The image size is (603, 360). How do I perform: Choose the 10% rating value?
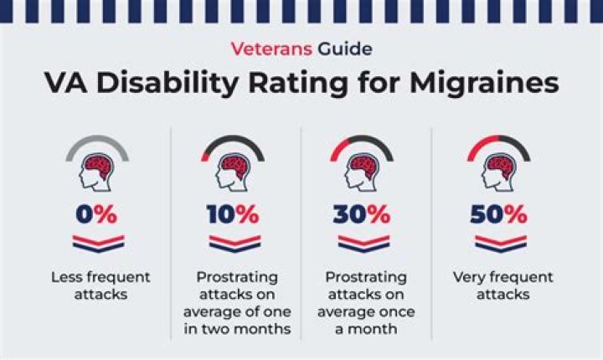tap(234, 214)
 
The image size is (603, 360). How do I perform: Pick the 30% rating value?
tap(361, 214)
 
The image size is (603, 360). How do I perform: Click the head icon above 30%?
tap(362, 172)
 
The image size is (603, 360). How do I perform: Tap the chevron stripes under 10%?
tap(234, 244)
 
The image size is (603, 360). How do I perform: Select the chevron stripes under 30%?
tap(362, 244)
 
